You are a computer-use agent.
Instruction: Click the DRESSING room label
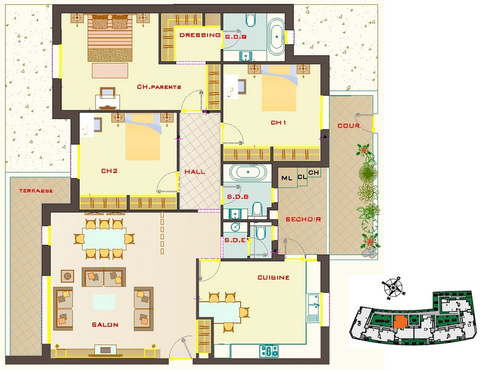click(200, 35)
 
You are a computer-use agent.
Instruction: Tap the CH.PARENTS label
click(159, 87)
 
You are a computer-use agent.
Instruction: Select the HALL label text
click(195, 172)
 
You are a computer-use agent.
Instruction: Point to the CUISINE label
click(273, 277)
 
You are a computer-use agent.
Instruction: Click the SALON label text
click(105, 325)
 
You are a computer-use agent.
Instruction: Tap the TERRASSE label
click(36, 191)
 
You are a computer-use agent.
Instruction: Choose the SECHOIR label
click(303, 220)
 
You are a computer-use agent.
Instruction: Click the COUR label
click(349, 126)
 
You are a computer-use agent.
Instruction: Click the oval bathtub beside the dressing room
click(276, 37)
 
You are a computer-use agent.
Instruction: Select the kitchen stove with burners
click(269, 351)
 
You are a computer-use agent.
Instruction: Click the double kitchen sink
click(313, 304)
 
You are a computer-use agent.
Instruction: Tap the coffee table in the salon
click(104, 302)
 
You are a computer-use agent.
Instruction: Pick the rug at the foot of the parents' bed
click(110, 71)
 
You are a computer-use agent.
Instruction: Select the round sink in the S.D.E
click(235, 227)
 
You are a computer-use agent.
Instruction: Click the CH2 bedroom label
click(109, 171)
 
